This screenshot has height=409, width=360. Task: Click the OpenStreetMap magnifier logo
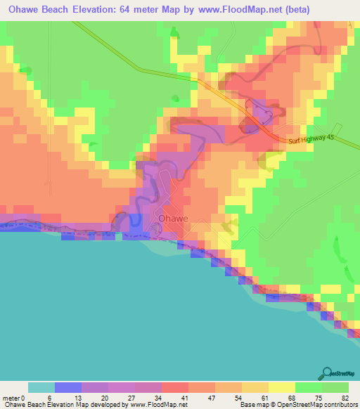pyautogui.click(x=328, y=373)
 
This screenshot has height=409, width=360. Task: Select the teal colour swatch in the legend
pyautogui.click(x=41, y=387)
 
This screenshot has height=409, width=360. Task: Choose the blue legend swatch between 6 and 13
pyautogui.click(x=68, y=387)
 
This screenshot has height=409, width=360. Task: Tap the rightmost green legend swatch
pyautogui.click(x=335, y=387)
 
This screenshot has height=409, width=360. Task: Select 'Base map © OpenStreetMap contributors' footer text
pyautogui.click(x=297, y=405)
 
